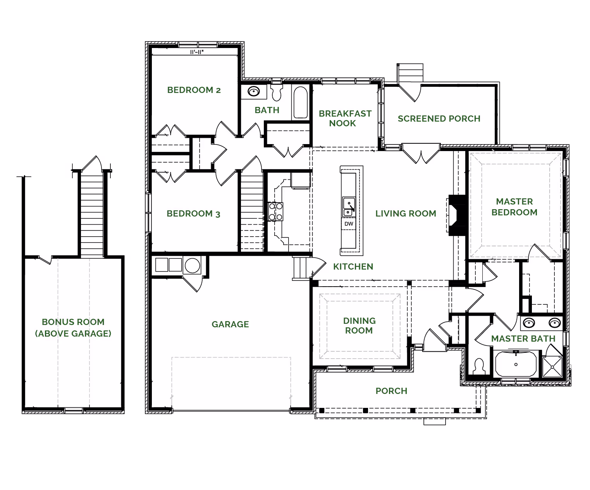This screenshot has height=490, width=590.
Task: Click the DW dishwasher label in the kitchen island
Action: [349, 224]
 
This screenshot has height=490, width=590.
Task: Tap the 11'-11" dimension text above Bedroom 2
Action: [197, 52]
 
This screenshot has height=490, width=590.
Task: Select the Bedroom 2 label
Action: [194, 90]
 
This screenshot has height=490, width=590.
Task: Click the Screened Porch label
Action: [439, 119]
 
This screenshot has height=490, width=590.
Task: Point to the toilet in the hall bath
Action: [276, 92]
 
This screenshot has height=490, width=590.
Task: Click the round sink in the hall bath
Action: [254, 91]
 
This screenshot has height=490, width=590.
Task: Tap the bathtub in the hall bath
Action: [300, 102]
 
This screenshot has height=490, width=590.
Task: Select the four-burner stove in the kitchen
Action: [275, 211]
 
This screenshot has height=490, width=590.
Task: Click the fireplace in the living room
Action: [456, 215]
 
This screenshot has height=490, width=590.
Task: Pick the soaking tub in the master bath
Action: [516, 364]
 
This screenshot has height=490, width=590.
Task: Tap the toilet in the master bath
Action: [479, 366]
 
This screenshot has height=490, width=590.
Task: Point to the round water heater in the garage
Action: [193, 265]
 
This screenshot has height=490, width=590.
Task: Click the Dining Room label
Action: [359, 325]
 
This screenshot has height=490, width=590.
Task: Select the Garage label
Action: [230, 324]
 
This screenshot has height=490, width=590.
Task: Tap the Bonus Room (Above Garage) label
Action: [73, 328]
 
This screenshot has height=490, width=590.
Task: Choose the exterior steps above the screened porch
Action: [410, 72]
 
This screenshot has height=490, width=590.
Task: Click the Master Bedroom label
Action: [514, 207]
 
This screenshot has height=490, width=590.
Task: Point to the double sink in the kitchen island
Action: [349, 207]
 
